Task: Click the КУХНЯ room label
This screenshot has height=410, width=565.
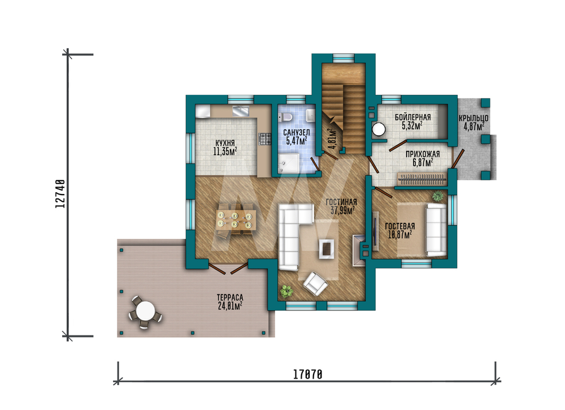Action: click(x=225, y=143)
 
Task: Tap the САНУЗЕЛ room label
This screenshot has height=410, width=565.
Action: click(x=296, y=133)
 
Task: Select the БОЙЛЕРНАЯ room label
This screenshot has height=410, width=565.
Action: click(x=412, y=117)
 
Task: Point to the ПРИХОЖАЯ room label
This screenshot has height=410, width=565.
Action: click(x=423, y=154)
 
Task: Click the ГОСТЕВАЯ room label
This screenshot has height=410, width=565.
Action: click(x=400, y=226)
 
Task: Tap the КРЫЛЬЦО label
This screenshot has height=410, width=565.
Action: click(x=473, y=118)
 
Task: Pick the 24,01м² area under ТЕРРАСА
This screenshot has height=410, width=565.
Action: click(x=230, y=306)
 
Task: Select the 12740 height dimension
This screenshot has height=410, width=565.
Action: click(x=60, y=193)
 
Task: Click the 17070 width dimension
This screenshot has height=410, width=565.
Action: click(x=307, y=375)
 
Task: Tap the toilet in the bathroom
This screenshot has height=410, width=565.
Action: click(x=285, y=117)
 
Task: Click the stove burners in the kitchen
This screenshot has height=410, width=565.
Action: click(x=265, y=139)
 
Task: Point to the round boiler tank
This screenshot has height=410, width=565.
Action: click(x=379, y=129)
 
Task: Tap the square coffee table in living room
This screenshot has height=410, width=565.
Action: click(x=327, y=248)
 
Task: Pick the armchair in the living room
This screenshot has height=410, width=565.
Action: click(x=315, y=284)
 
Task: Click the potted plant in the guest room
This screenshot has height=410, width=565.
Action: click(x=438, y=197)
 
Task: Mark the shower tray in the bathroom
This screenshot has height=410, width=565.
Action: click(x=289, y=163)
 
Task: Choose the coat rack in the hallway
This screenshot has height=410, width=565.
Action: click(x=421, y=178)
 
